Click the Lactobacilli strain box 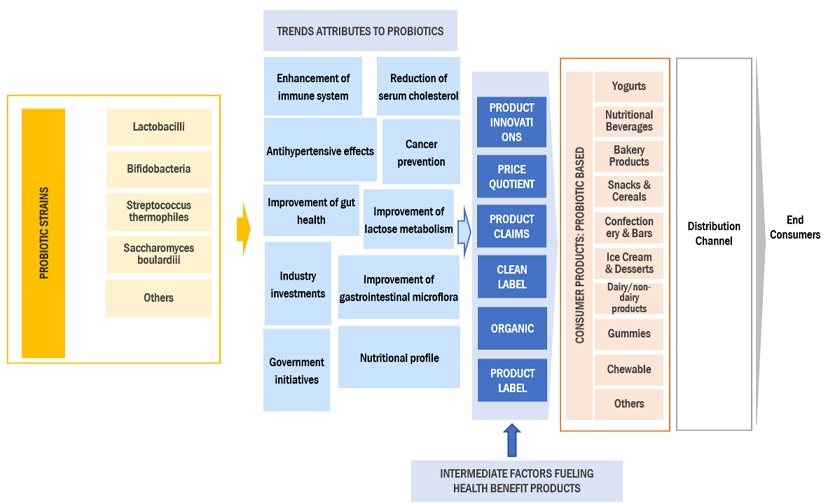click(158, 128)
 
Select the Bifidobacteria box click(158, 170)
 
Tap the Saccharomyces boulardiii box click(158, 255)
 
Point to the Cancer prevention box click(420, 153)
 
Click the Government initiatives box click(296, 370)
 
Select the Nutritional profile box click(398, 358)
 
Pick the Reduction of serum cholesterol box click(418, 87)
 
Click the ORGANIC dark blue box click(512, 327)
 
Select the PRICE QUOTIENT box click(512, 177)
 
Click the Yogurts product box click(628, 87)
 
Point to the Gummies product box click(628, 333)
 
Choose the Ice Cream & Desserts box click(628, 263)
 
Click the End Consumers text click(795, 228)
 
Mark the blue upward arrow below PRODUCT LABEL click(511, 438)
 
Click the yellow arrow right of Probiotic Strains click(242, 229)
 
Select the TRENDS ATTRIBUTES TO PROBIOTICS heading click(360, 31)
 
